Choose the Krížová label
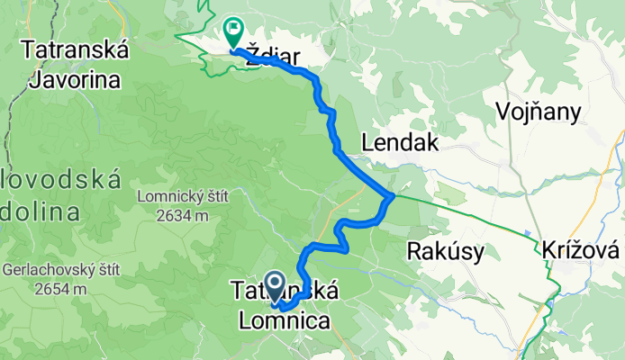[583, 250]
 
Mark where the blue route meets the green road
[392, 196]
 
